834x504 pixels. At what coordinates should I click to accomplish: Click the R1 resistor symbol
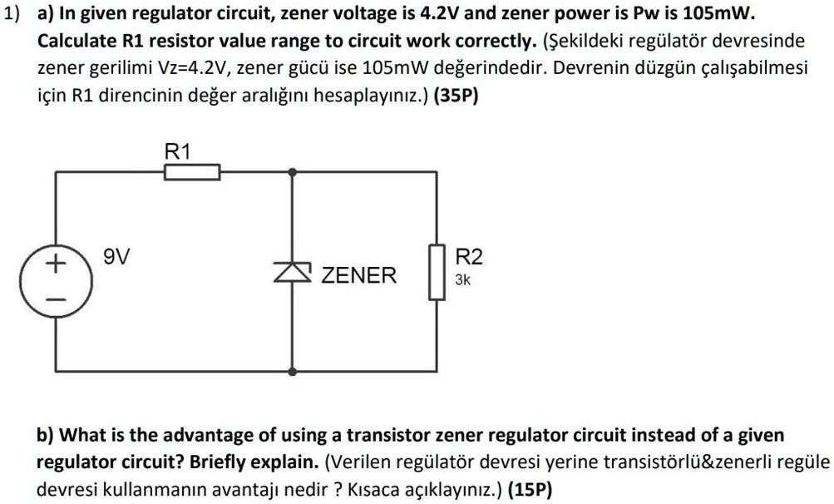(x=192, y=172)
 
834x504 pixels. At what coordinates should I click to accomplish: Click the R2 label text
(x=469, y=257)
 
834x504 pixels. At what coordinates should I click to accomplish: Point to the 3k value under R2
(x=463, y=281)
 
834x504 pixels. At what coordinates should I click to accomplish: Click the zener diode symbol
(x=292, y=269)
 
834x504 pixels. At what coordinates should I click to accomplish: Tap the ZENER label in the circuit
(x=359, y=274)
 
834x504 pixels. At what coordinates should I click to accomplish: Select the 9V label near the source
(x=116, y=257)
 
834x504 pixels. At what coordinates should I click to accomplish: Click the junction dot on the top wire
(x=292, y=172)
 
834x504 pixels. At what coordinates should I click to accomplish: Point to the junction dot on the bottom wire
(x=292, y=370)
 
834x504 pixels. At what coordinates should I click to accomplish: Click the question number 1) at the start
(x=11, y=17)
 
